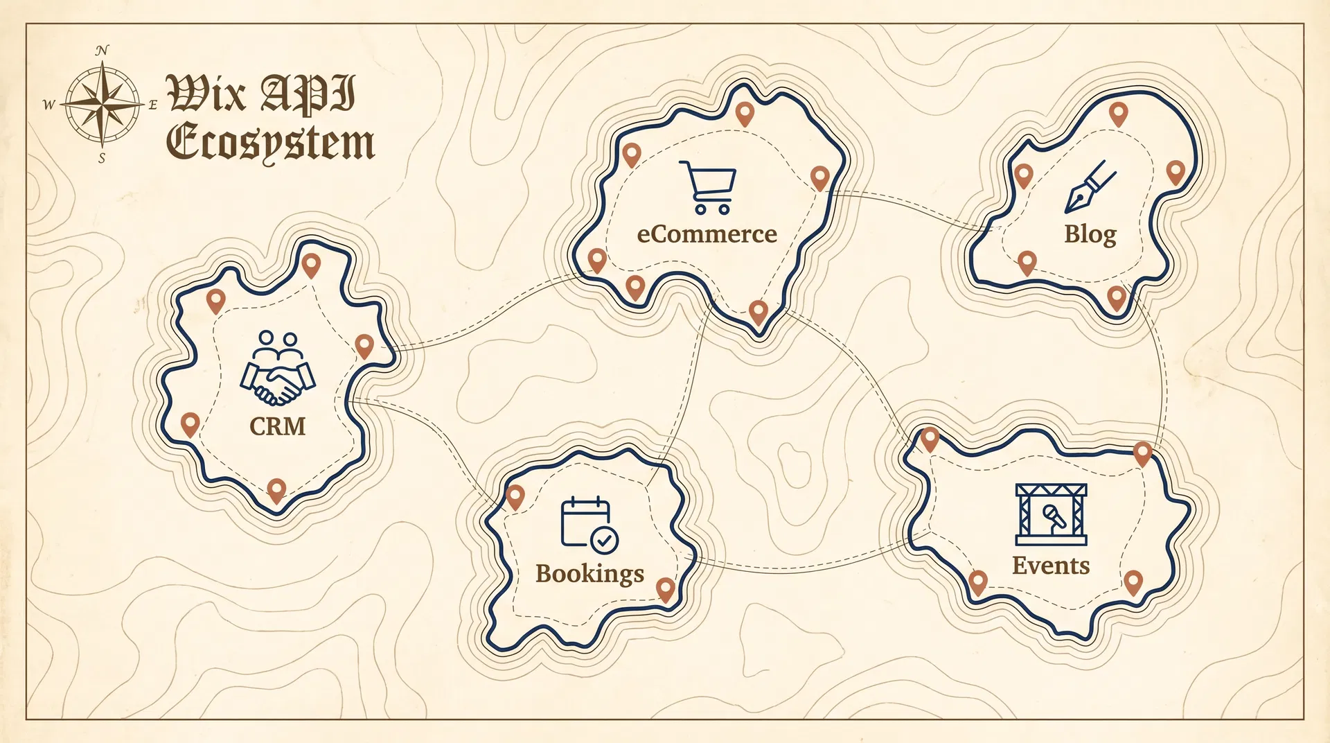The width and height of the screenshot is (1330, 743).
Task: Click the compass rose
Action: (103, 104)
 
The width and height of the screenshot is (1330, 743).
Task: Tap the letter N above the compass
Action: (102, 51)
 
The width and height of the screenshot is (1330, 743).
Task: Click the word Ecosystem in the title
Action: (270, 143)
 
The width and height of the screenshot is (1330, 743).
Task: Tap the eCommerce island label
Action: (707, 234)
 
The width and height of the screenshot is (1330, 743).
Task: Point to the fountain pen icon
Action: (1090, 187)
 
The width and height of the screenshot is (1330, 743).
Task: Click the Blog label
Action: (1090, 234)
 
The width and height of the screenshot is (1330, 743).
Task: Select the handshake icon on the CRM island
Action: (278, 368)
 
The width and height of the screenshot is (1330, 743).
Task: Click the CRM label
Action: (277, 426)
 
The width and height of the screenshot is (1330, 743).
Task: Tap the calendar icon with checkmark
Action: (589, 525)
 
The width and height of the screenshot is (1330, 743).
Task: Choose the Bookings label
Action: (589, 574)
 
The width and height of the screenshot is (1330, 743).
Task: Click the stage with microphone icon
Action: (1051, 515)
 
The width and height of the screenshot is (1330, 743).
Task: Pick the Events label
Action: (1051, 566)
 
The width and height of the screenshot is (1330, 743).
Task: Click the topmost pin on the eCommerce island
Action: (745, 113)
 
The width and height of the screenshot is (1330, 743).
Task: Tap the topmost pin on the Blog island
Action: (1118, 113)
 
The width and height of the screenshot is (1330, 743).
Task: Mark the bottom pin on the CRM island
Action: (276, 489)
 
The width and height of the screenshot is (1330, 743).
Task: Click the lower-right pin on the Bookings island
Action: (666, 589)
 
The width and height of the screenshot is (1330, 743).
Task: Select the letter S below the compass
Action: (102, 159)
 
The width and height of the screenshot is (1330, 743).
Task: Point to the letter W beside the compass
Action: (48, 105)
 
